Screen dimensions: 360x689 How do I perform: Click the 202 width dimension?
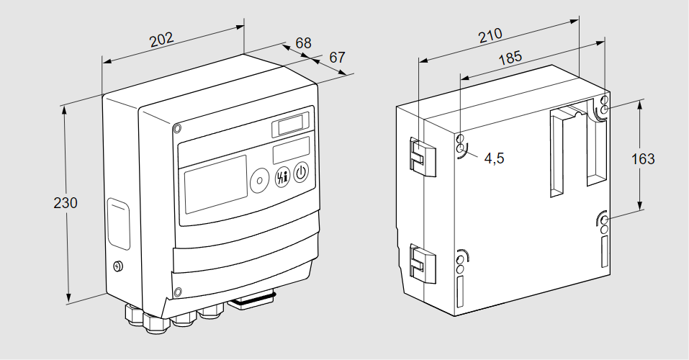(x=163, y=39)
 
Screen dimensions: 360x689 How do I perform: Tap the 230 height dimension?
(x=66, y=203)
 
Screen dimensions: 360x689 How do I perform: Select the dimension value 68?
(x=304, y=42)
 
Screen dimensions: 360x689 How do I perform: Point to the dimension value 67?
(x=338, y=57)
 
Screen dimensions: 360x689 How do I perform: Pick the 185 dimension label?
(x=510, y=58)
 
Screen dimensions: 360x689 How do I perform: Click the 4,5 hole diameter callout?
(x=494, y=158)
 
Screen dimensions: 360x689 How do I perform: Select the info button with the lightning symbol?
(x=281, y=176)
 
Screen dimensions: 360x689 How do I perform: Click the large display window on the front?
(x=215, y=186)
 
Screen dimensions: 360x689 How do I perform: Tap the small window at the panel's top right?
(x=291, y=126)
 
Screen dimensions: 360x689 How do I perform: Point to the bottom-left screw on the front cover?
(x=177, y=292)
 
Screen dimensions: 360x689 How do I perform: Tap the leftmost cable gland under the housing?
(x=133, y=314)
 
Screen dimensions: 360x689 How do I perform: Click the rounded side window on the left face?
(x=119, y=224)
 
